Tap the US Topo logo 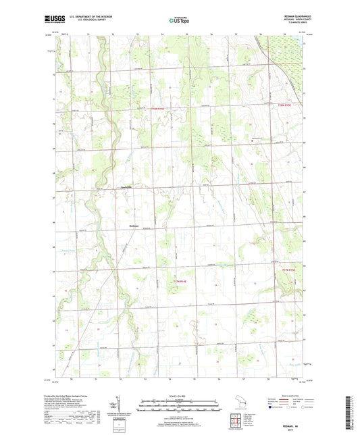tap(178, 20)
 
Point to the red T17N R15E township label tap(289, 271)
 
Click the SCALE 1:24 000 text tap(179, 396)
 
